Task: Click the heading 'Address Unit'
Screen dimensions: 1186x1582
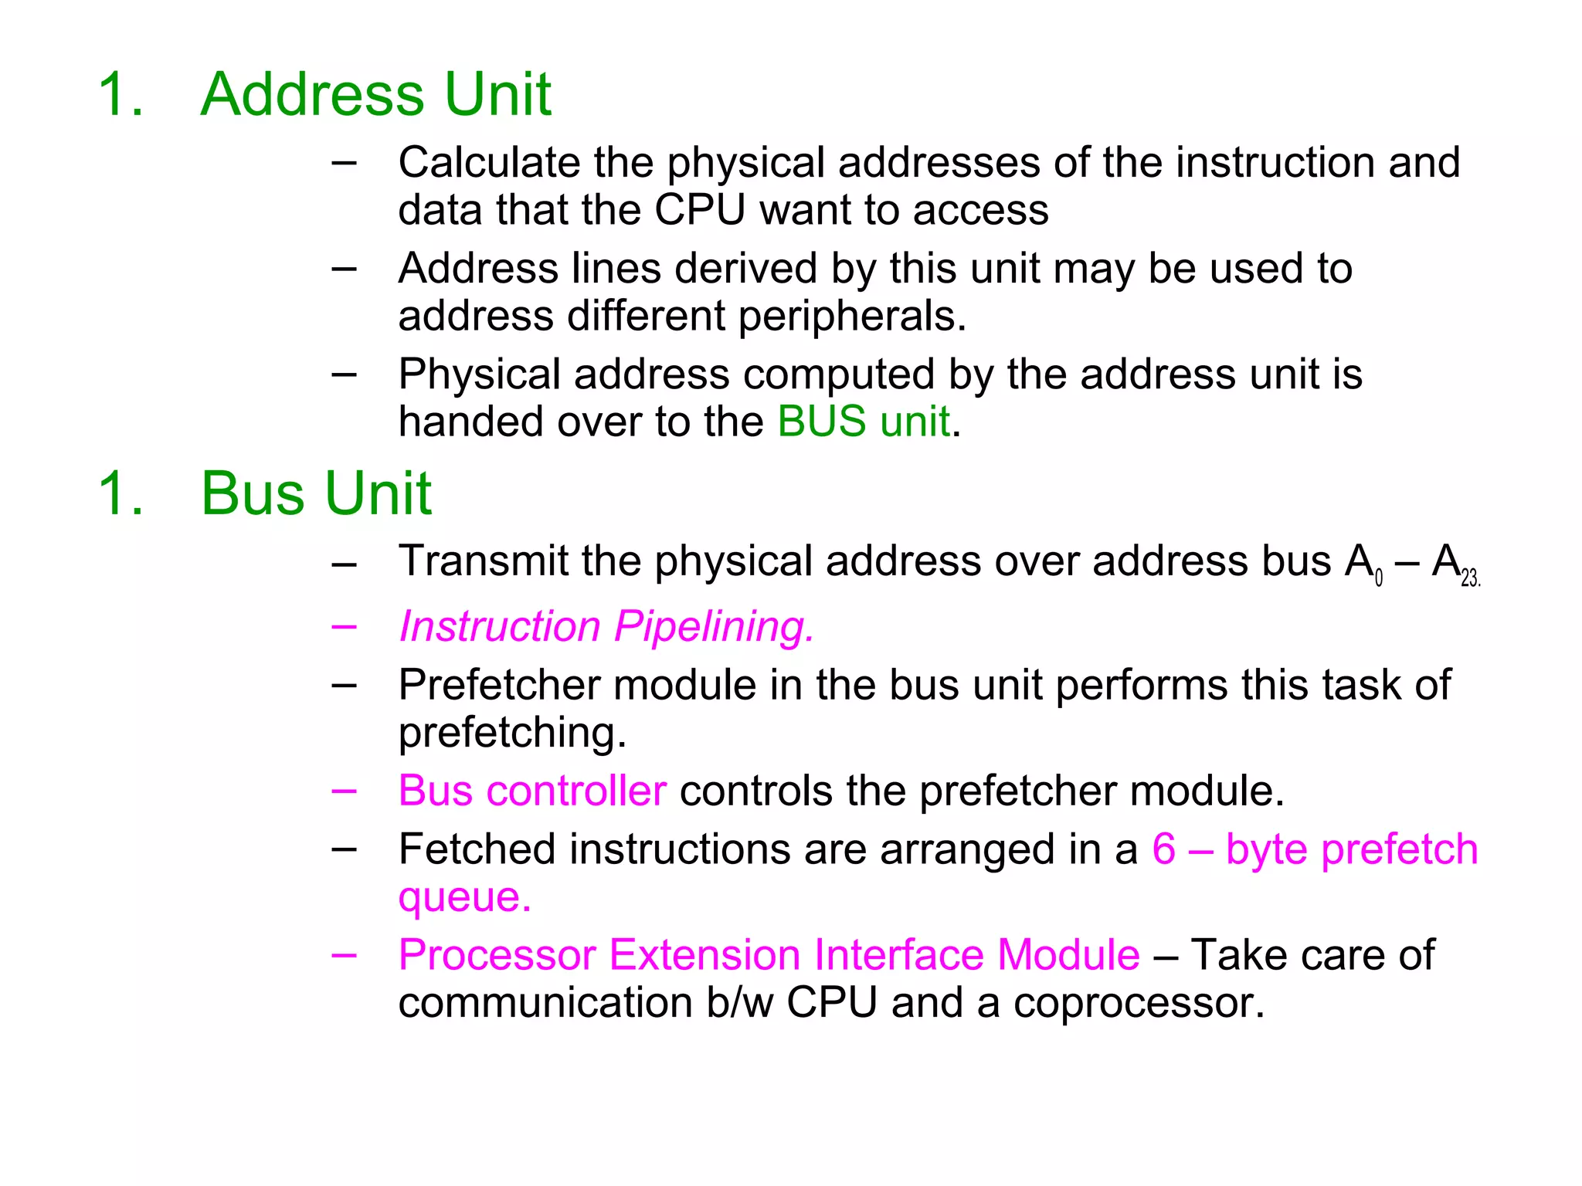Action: pos(375,94)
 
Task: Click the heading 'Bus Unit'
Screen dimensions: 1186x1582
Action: pos(315,493)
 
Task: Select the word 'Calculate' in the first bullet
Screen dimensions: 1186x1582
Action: pos(489,163)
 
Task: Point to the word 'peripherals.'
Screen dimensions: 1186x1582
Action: pos(852,317)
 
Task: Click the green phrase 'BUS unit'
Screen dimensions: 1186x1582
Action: pos(863,422)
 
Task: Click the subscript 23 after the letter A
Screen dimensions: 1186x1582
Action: pos(1469,578)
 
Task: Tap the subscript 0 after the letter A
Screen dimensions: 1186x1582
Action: pos(1379,578)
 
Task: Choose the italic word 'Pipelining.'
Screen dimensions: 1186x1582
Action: pos(715,626)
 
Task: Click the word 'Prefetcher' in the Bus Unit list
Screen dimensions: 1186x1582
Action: pos(499,685)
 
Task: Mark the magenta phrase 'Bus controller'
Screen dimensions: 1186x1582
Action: pos(532,791)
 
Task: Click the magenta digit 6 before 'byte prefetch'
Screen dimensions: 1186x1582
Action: pos(1163,849)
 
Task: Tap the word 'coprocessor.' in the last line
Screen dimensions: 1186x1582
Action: pos(1139,1003)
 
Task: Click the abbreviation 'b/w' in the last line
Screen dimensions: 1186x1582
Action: pos(739,1003)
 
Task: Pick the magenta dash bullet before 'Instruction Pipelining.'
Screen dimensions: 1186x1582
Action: pos(344,626)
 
